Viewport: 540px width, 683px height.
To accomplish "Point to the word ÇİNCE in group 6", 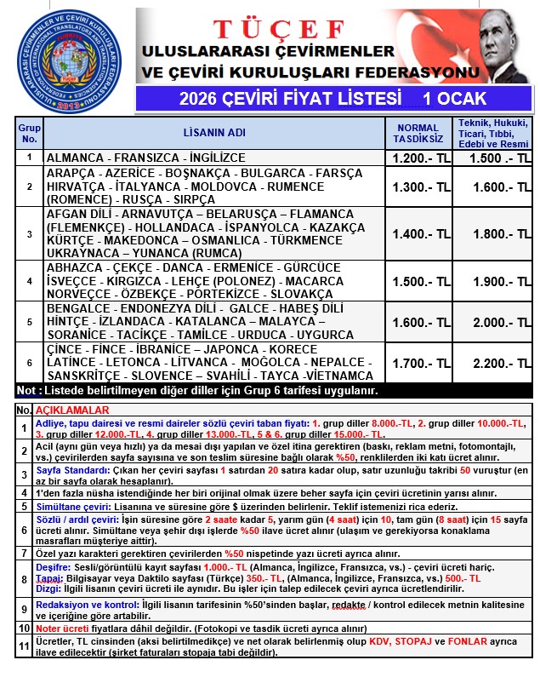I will [x=67, y=350].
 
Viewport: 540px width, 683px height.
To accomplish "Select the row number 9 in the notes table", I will [x=24, y=610].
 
